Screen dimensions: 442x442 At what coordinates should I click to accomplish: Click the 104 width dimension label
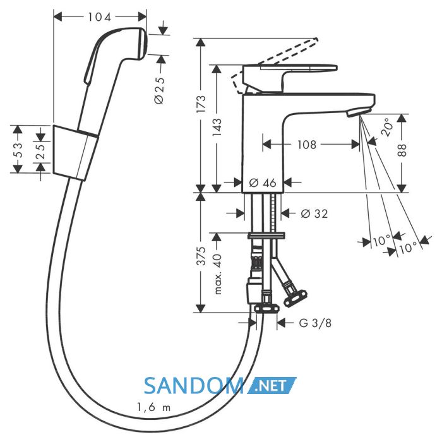pyautogui.click(x=100, y=17)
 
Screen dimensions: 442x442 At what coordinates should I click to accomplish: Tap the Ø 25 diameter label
pyautogui.click(x=159, y=90)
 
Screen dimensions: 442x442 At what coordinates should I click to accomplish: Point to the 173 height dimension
pyautogui.click(x=201, y=104)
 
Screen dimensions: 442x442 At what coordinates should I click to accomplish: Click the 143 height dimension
pyautogui.click(x=217, y=128)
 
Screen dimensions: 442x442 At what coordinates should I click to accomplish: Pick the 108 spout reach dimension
pyautogui.click(x=307, y=145)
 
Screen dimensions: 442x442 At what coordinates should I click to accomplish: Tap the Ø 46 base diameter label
pyautogui.click(x=263, y=183)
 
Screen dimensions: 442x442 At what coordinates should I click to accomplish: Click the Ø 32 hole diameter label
pyautogui.click(x=314, y=213)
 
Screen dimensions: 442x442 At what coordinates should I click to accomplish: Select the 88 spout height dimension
pyautogui.click(x=402, y=150)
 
